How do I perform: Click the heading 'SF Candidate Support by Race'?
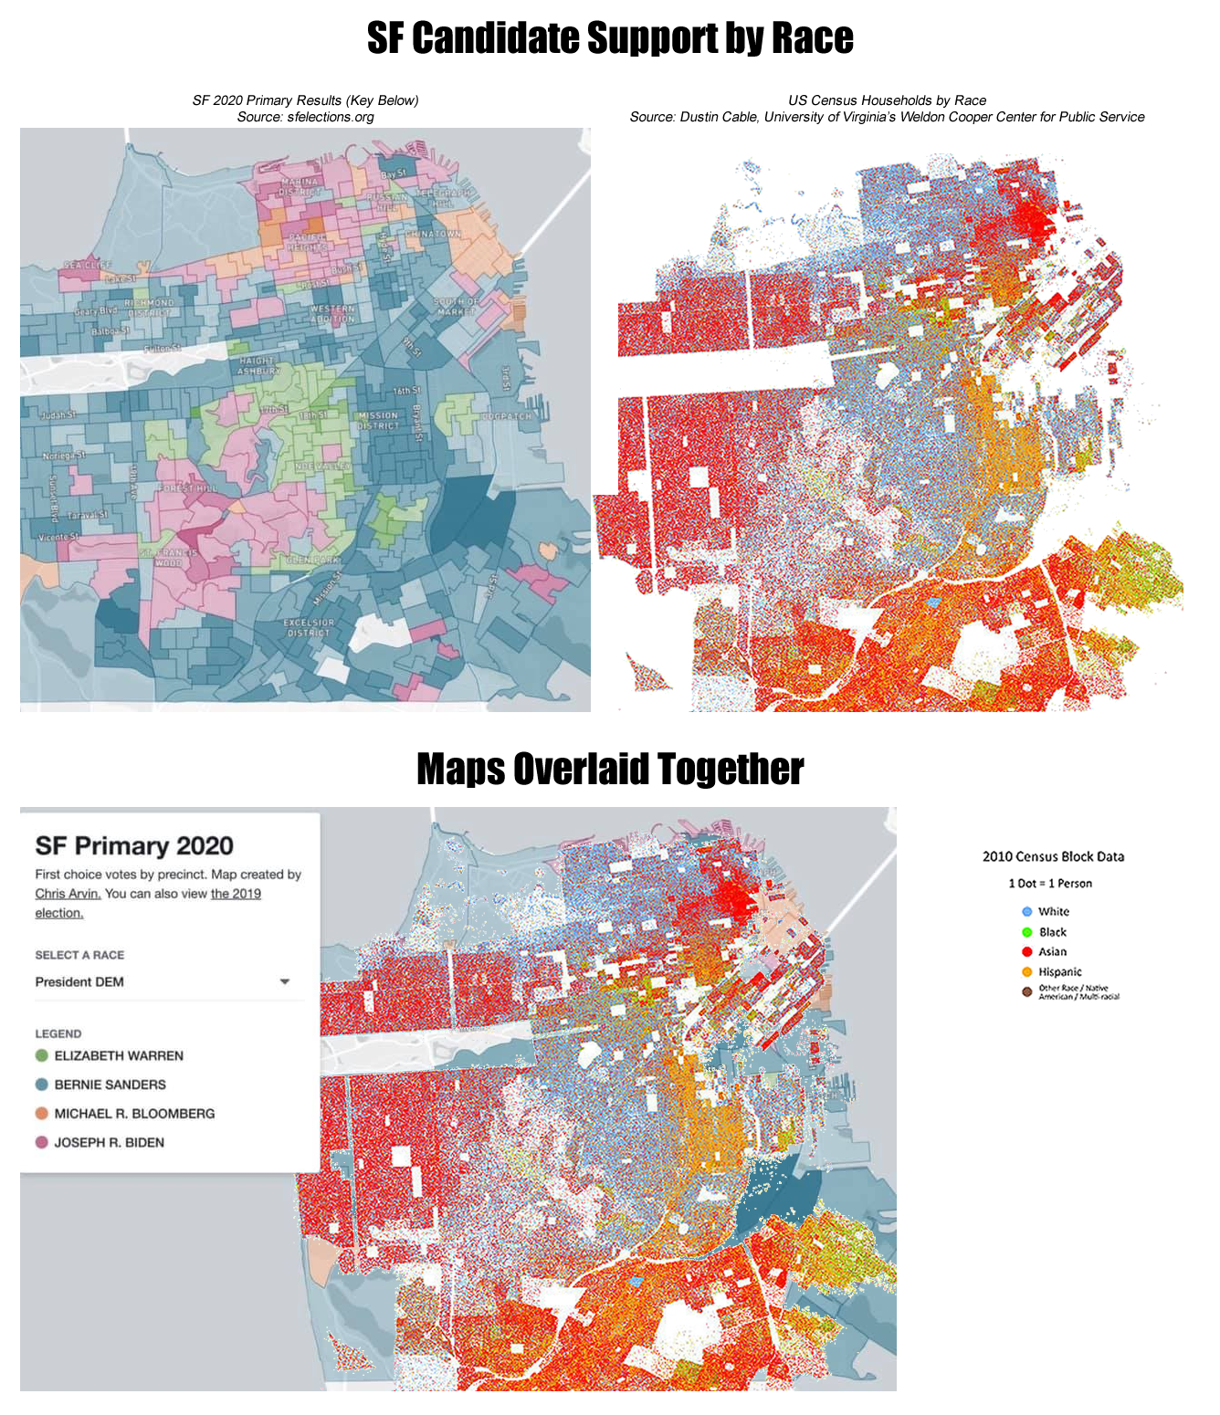(x=610, y=38)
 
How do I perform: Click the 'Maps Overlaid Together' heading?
(x=610, y=769)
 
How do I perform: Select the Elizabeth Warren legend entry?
(x=118, y=1055)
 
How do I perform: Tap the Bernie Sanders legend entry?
(x=110, y=1085)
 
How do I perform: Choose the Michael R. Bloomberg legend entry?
(x=134, y=1114)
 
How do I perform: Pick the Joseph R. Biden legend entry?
(x=109, y=1143)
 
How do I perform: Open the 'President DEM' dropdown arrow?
(x=285, y=982)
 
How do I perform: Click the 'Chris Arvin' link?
(x=68, y=894)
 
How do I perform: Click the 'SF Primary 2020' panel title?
(x=134, y=846)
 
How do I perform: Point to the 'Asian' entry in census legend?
(x=1052, y=951)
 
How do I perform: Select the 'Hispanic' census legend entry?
(x=1059, y=971)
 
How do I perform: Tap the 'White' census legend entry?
(x=1053, y=911)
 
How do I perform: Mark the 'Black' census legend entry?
(x=1052, y=932)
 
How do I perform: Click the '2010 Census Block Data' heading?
(x=1053, y=856)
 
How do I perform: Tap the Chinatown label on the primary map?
(x=434, y=234)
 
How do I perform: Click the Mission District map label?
(x=378, y=421)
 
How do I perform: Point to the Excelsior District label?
(x=309, y=627)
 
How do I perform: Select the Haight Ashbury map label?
(x=259, y=366)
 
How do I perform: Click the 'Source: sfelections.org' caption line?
(x=305, y=117)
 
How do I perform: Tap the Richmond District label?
(x=149, y=307)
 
